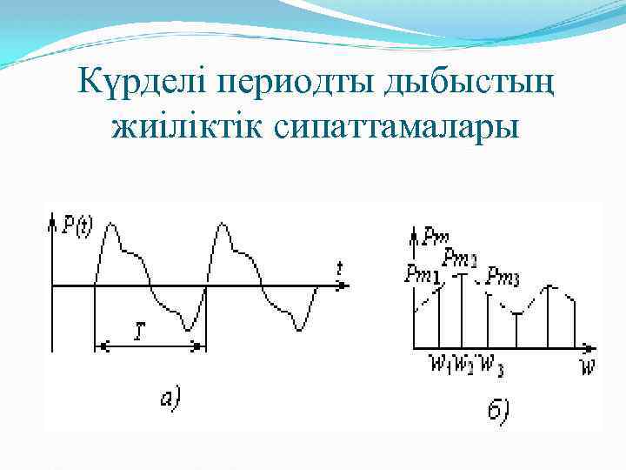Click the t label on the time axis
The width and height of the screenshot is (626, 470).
[340, 268]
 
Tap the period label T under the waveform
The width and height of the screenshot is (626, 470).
[140, 331]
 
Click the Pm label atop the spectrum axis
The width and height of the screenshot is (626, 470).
[436, 235]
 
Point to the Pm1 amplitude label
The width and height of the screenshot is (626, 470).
[422, 274]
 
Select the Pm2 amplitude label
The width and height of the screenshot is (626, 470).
[460, 258]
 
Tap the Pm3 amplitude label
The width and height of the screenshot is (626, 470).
[503, 277]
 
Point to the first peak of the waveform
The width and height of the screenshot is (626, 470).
[110, 225]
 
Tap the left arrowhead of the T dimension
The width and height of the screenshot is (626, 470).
[97, 346]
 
